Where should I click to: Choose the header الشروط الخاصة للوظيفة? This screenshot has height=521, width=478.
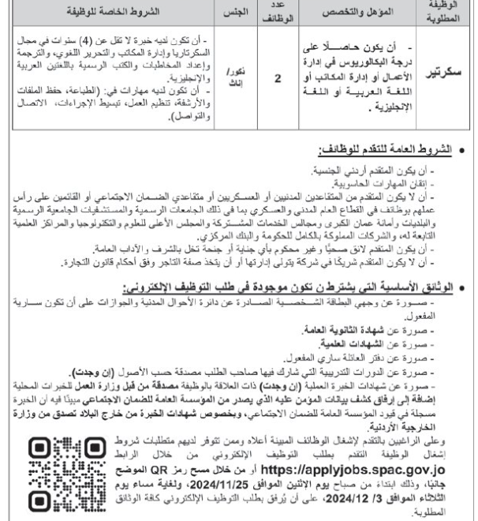coord(111,13)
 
